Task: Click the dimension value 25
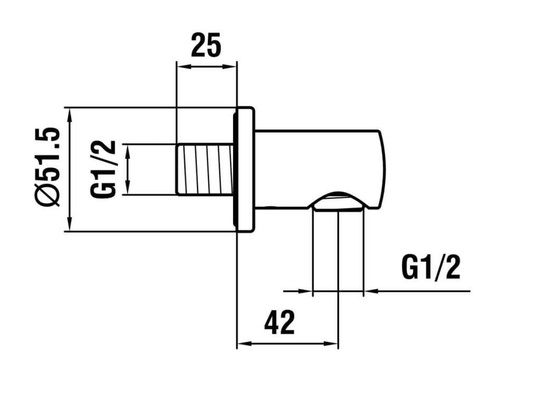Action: point(206,45)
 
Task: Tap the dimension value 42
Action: point(279,322)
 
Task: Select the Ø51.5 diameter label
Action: point(48,167)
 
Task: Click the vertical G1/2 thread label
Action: point(103,169)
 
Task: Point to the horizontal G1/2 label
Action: point(431,268)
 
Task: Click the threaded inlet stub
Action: point(205,169)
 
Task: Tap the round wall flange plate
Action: point(245,169)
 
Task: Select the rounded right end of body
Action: point(382,169)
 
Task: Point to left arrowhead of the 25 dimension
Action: point(182,66)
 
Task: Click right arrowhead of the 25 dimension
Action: point(230,66)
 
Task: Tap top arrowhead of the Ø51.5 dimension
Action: point(70,115)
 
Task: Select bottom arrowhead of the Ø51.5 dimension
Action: point(70,224)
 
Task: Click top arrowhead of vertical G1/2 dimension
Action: point(128,151)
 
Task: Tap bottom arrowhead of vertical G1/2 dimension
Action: point(128,188)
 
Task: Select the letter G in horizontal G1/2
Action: point(409,268)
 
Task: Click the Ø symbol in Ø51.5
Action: point(48,196)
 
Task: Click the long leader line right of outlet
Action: point(418,291)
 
